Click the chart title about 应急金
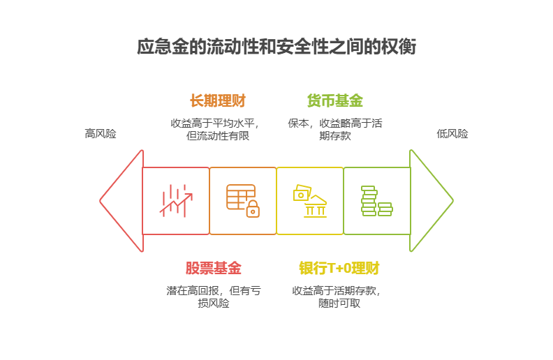tap(276, 47)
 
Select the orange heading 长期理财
tap(217, 100)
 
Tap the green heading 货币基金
tap(335, 100)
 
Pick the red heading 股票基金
tap(214, 268)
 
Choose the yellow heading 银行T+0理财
tap(339, 268)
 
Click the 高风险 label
tap(101, 133)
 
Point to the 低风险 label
tap(452, 133)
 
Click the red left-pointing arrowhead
tap(121, 201)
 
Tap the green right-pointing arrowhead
tap(431, 201)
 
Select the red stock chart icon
tap(176, 201)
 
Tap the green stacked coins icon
tap(376, 201)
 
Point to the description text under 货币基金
tap(335, 129)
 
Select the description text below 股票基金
tap(214, 297)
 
